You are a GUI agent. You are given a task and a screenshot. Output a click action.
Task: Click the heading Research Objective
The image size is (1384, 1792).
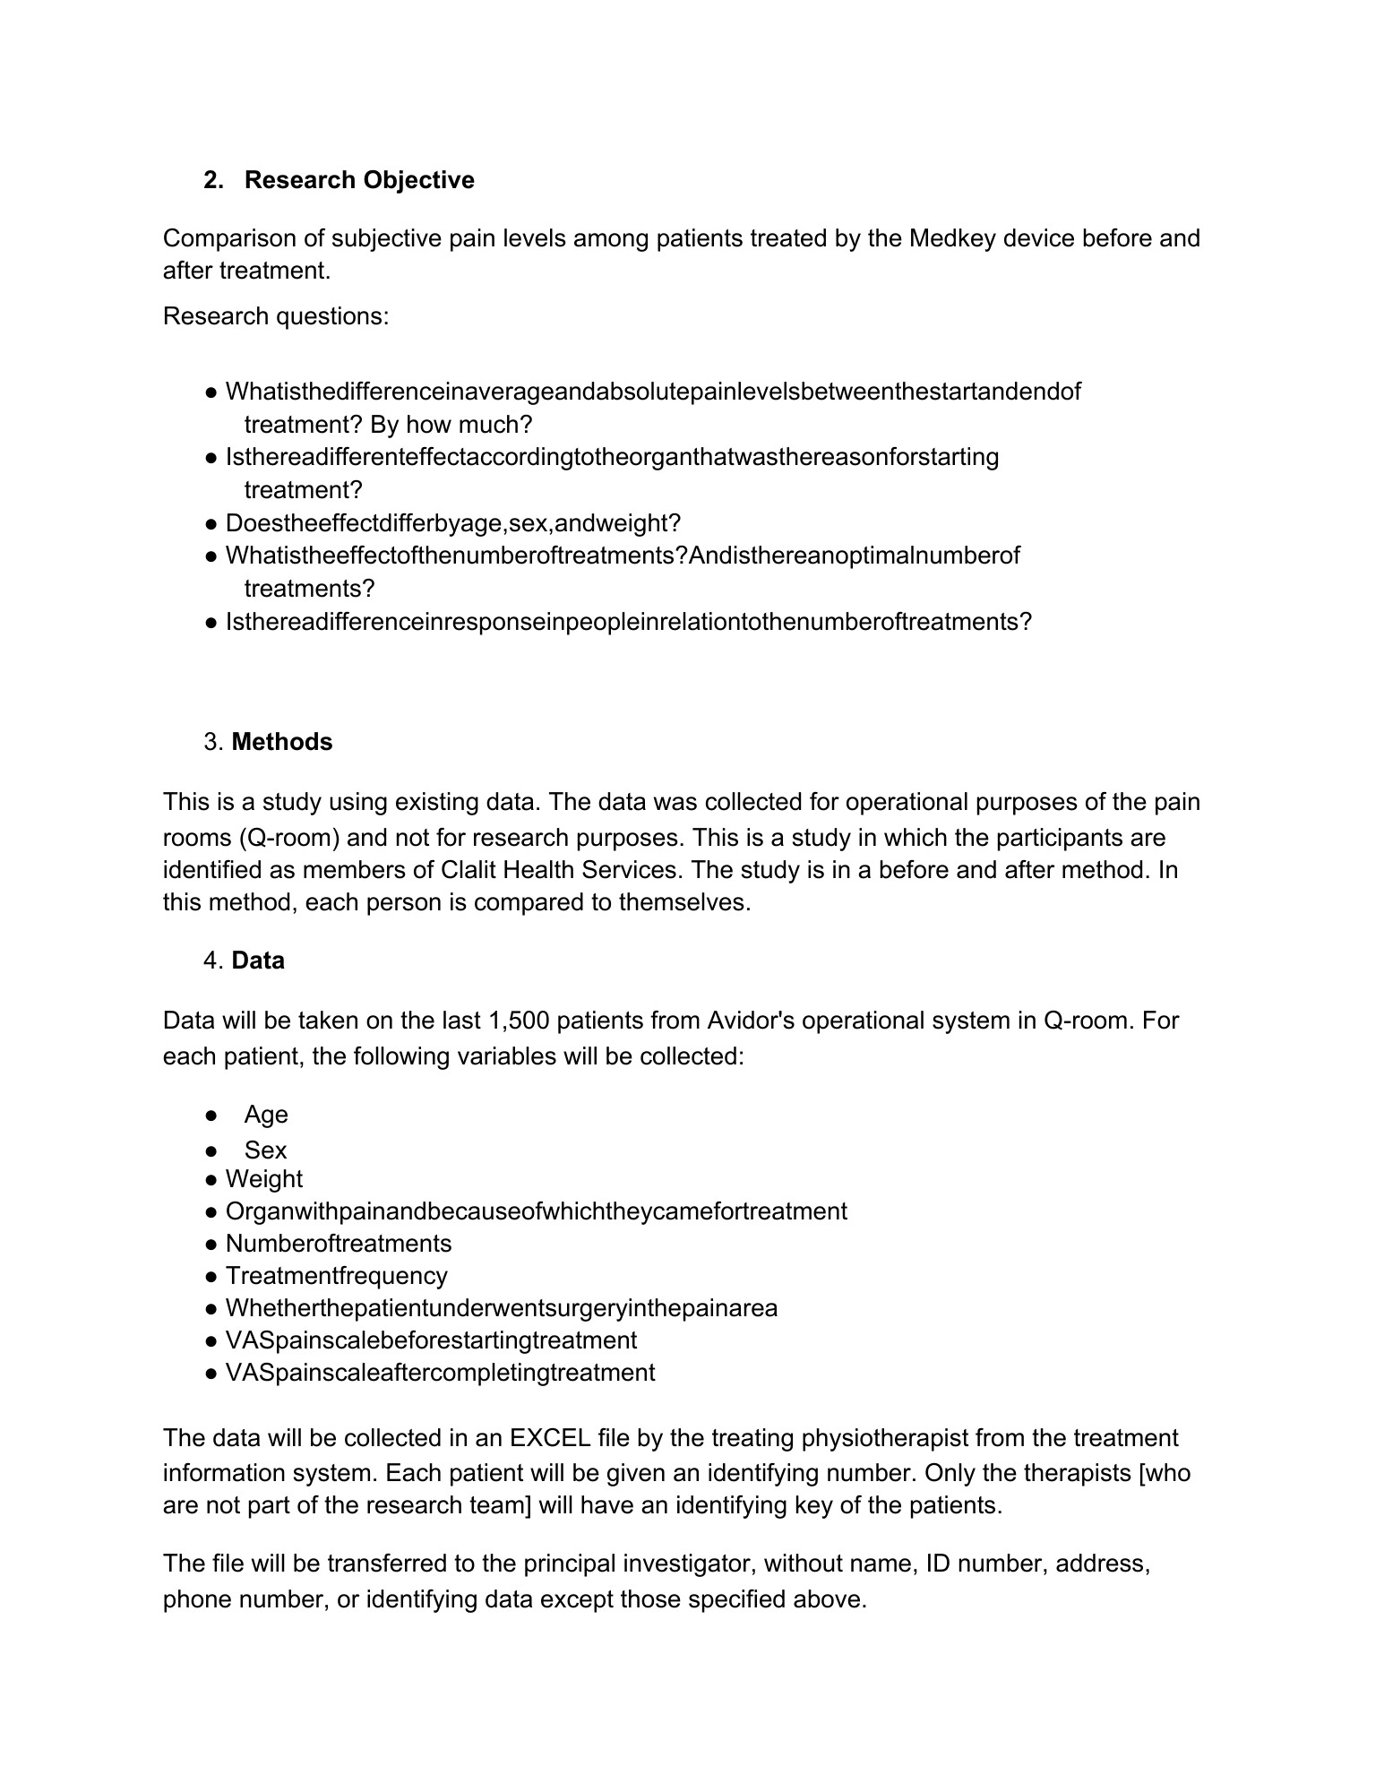359,180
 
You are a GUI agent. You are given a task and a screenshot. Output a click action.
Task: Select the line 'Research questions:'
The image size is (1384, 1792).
276,316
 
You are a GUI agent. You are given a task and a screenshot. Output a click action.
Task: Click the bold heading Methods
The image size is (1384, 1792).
281,742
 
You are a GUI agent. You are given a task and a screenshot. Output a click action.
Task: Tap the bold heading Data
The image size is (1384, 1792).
258,961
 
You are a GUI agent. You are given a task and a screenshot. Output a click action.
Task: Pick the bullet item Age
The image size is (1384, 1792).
266,1115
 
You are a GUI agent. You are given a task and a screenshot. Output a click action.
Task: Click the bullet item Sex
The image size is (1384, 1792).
265,1150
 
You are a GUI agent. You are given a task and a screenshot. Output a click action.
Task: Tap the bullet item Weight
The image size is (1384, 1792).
264,1179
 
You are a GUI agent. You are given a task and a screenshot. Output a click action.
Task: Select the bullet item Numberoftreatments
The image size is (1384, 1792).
339,1244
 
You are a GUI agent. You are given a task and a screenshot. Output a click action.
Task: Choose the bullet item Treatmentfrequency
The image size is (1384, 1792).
336,1276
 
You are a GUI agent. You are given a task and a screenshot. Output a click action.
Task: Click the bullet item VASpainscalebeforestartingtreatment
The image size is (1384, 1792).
431,1340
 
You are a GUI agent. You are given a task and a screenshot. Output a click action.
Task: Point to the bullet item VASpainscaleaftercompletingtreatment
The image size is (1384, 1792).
440,1373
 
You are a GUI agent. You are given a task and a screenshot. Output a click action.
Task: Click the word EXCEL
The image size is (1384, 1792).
550,1438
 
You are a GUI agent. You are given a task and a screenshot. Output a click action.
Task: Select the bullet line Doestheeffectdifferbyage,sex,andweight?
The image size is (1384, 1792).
453,523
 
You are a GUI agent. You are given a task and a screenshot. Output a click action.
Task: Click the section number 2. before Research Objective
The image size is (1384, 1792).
213,180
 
